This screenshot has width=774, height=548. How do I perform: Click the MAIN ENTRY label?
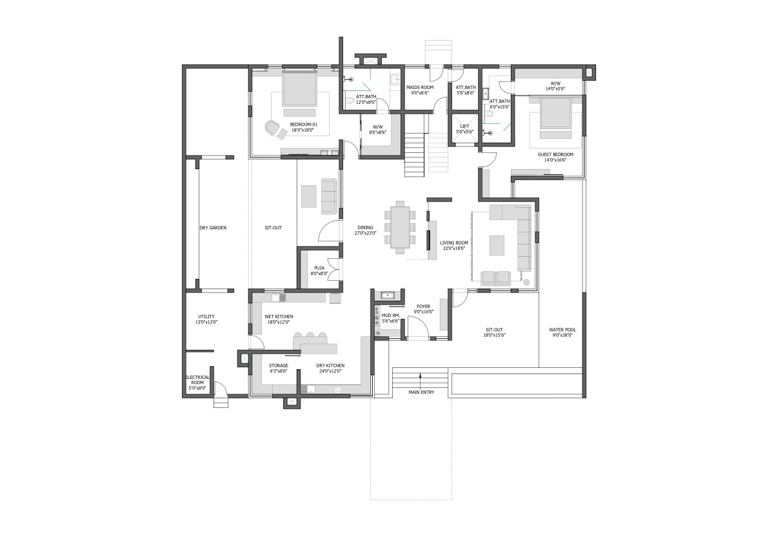point(421,392)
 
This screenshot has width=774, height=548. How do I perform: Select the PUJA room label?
point(319,268)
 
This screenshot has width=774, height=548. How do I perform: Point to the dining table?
point(400,227)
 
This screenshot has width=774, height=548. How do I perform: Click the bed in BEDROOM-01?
point(299,88)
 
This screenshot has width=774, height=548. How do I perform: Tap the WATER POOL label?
point(562,330)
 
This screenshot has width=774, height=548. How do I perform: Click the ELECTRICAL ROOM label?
point(197,380)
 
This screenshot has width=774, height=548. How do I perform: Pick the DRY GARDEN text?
point(213,228)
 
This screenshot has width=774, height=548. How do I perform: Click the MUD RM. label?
point(391,316)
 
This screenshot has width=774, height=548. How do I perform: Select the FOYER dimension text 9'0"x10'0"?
point(424,312)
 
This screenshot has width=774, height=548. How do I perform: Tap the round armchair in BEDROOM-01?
point(272,128)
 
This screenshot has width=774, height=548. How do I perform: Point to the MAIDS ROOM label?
point(420,88)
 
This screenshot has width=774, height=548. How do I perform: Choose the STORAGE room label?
point(279,365)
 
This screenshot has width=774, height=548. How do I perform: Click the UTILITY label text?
point(206,316)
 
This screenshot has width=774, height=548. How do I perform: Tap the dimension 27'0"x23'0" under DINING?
point(365,233)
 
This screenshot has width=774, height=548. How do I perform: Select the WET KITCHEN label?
point(279,316)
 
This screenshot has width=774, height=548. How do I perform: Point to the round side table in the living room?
point(526,283)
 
